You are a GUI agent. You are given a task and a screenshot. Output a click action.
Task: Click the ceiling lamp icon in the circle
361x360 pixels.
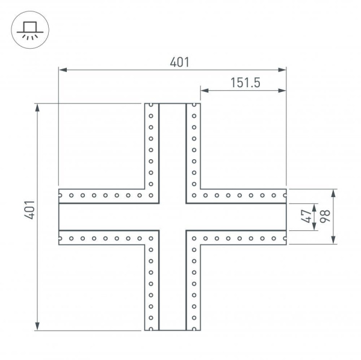point(29,28)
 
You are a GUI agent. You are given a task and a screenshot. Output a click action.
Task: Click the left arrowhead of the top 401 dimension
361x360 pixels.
point(62,71)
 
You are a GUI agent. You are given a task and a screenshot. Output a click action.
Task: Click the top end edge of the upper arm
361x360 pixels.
point(172,103)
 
